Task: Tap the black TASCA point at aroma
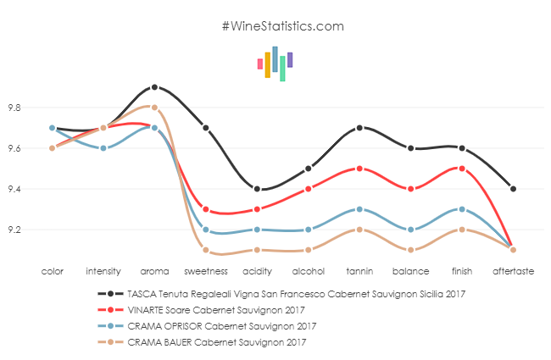tap(154, 87)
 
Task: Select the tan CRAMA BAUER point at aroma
tap(154, 108)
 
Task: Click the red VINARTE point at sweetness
tap(206, 209)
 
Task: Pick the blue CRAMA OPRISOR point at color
tap(53, 128)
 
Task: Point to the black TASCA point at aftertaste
tap(514, 189)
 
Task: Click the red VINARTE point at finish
tap(462, 169)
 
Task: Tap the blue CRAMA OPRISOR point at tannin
tap(360, 209)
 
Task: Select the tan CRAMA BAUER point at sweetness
tap(206, 250)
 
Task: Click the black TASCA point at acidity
tap(257, 189)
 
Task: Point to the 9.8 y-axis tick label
tap(14, 108)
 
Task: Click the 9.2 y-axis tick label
tap(14, 230)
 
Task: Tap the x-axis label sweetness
tap(206, 272)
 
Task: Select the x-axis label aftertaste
tap(514, 272)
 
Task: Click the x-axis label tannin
tap(360, 272)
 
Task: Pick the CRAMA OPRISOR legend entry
tap(220, 325)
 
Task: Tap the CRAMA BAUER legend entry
tap(215, 341)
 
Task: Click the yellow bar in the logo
tap(267, 65)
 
